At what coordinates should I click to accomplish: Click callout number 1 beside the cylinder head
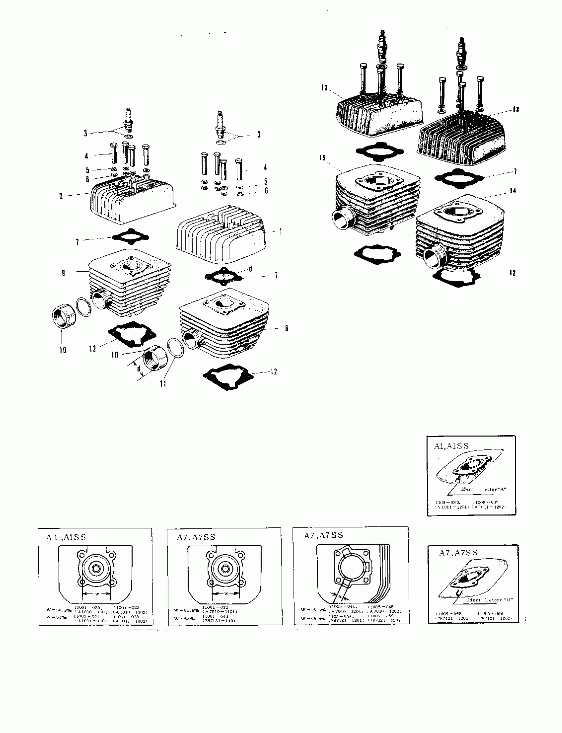(280, 231)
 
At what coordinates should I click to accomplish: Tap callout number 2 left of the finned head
(61, 196)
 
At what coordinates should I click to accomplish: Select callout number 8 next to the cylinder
(286, 328)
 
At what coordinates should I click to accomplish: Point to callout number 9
(63, 273)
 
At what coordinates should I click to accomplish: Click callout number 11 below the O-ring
(163, 384)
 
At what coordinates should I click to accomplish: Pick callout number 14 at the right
(513, 191)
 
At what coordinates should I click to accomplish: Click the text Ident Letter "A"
(484, 489)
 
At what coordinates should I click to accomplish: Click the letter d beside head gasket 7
(250, 269)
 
